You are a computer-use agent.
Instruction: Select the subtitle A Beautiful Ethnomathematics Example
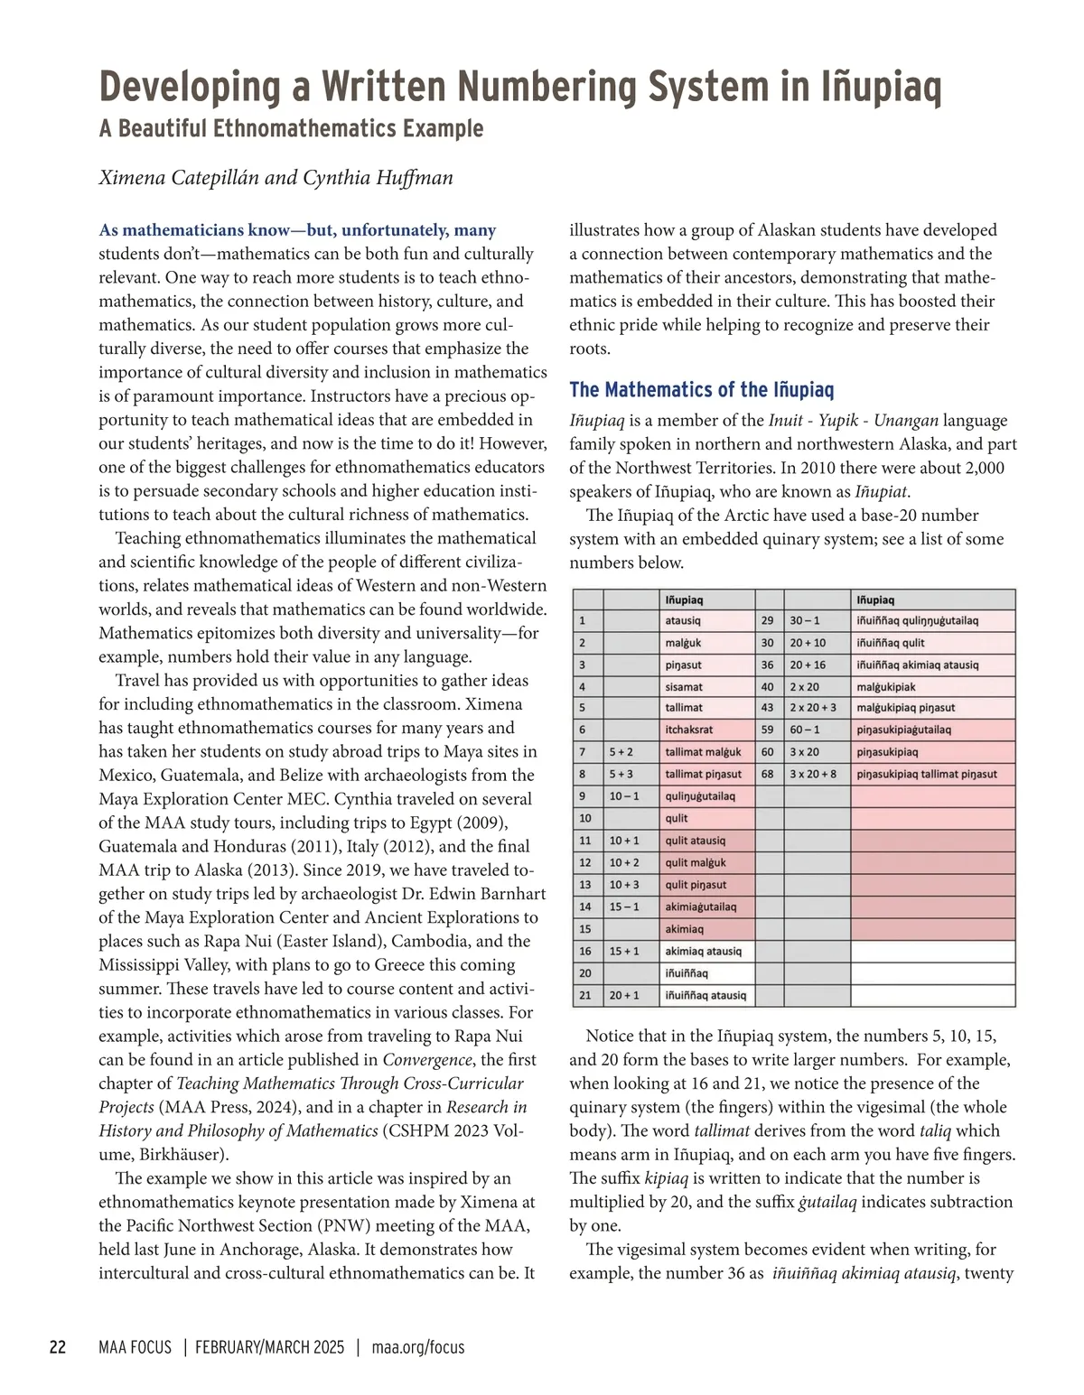pos(291,129)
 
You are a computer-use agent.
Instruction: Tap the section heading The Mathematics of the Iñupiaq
pos(701,390)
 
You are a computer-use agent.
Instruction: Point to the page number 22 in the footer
pos(57,1347)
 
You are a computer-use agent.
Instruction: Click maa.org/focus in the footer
pos(418,1347)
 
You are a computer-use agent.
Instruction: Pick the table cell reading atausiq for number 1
pos(683,621)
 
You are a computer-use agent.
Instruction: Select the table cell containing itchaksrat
pos(689,730)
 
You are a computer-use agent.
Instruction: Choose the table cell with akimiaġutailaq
pos(701,907)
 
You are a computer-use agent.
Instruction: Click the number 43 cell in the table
pos(767,708)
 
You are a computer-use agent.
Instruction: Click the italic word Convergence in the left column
pos(427,1060)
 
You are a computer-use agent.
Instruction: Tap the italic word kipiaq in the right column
pos(667,1178)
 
